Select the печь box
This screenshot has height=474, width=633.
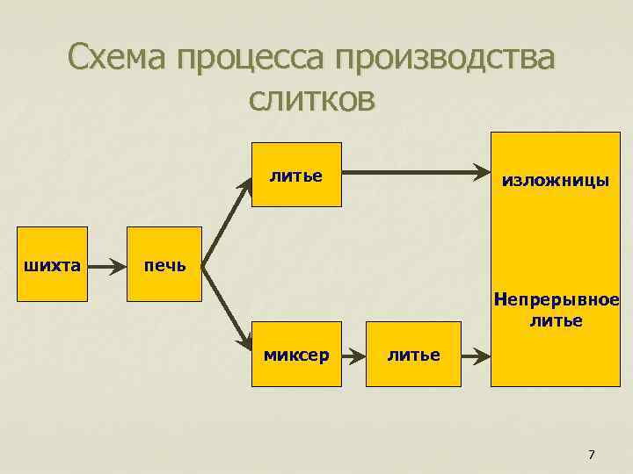[164, 264]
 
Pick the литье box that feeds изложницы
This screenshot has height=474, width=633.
[296, 175]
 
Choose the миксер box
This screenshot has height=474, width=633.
[296, 354]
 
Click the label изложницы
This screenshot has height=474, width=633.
[555, 181]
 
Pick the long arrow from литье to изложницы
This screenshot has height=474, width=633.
[413, 173]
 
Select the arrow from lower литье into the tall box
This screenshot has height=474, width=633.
[476, 355]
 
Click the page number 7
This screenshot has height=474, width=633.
[591, 454]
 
